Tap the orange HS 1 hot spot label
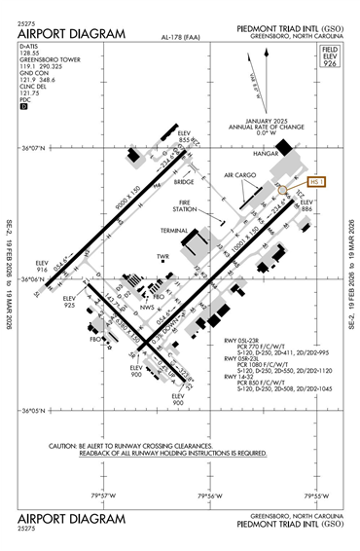317,181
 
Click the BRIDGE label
185,181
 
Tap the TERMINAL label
175,231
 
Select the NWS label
148,308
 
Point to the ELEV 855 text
186,136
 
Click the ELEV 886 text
307,205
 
